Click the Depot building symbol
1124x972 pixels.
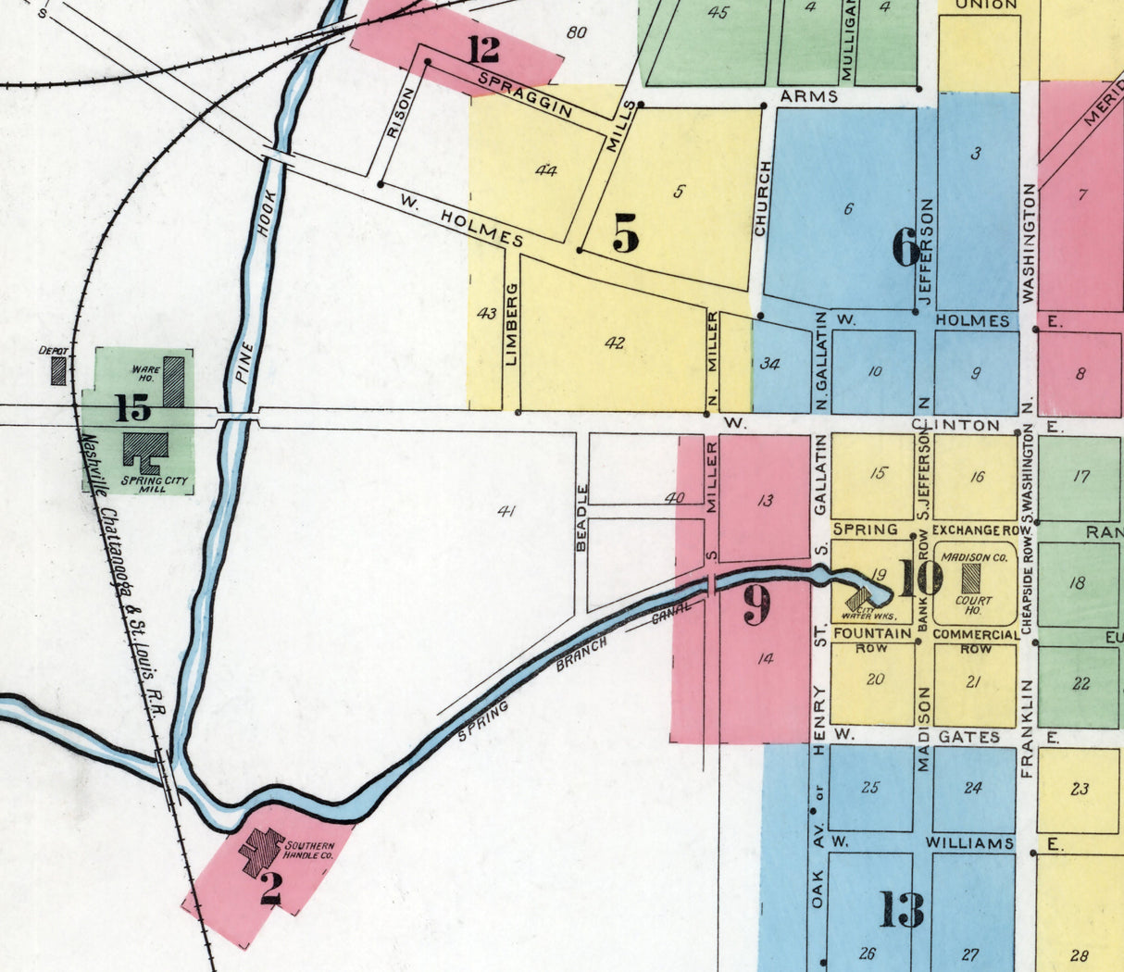(58, 371)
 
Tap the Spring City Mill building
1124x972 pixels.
(144, 452)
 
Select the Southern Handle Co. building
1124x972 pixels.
(260, 851)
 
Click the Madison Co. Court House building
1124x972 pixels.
(971, 579)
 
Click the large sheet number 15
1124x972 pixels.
(132, 407)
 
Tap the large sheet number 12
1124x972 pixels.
(482, 48)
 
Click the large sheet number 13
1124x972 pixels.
(901, 910)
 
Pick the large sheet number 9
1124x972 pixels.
(756, 606)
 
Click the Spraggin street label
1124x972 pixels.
(525, 95)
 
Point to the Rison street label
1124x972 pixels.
(393, 120)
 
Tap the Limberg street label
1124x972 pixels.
(511, 323)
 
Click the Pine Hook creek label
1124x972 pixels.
(255, 285)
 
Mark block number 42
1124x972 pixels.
(615, 343)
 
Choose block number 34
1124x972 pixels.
(769, 364)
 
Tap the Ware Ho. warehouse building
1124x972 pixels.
(173, 381)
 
